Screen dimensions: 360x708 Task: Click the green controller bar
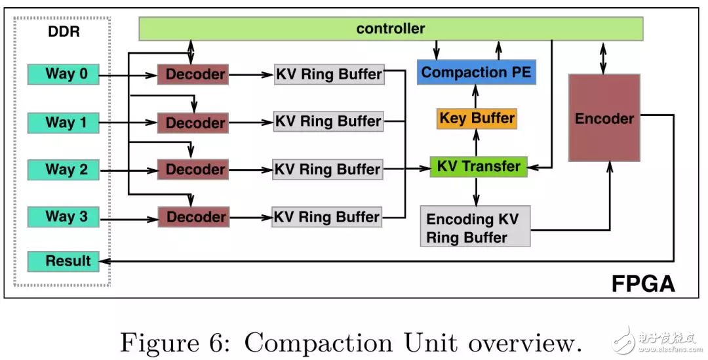tap(391, 29)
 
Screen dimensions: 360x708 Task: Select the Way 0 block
tap(63, 73)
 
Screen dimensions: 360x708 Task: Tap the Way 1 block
tap(63, 122)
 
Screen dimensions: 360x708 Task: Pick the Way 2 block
tap(63, 169)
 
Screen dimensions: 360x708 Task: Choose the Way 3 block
tap(63, 216)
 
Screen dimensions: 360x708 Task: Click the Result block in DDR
tap(63, 261)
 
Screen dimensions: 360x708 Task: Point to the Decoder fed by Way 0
tap(193, 75)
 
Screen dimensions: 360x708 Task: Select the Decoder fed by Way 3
tap(193, 217)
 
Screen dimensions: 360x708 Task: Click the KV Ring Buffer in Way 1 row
tap(328, 122)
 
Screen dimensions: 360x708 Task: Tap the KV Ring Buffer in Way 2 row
tap(328, 169)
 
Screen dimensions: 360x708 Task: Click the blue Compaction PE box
tap(477, 72)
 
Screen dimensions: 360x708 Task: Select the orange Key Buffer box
tap(477, 119)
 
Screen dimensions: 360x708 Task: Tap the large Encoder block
tap(604, 118)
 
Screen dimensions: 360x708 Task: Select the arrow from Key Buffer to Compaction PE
tap(477, 96)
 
